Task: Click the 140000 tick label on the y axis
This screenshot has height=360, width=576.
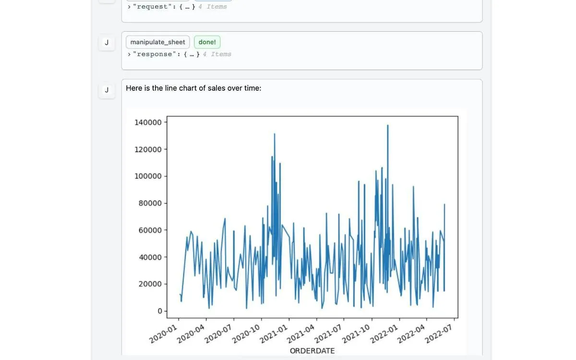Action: pyautogui.click(x=148, y=122)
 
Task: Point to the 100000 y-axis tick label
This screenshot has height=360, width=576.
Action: pyautogui.click(x=148, y=176)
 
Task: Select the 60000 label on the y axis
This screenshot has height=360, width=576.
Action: pyautogui.click(x=150, y=230)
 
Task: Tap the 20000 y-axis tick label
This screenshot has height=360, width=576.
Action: pyautogui.click(x=150, y=284)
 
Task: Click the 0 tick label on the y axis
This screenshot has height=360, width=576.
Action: pyautogui.click(x=160, y=311)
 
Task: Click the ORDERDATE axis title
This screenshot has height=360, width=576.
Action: pyautogui.click(x=312, y=351)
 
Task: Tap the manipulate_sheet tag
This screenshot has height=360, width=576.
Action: pyautogui.click(x=157, y=42)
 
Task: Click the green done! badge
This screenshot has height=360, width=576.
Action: pyautogui.click(x=207, y=42)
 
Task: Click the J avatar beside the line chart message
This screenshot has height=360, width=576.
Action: pyautogui.click(x=107, y=90)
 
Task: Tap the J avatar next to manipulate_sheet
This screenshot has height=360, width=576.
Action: pyautogui.click(x=107, y=42)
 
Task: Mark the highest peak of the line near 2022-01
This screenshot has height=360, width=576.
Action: pyautogui.click(x=387, y=125)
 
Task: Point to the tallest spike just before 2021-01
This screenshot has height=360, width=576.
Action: pyautogui.click(x=275, y=134)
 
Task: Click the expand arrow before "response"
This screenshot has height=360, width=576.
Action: pyautogui.click(x=129, y=54)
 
